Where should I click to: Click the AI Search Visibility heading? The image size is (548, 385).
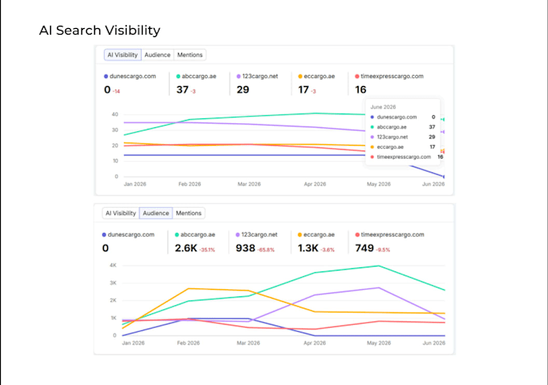pyautogui.click(x=100, y=31)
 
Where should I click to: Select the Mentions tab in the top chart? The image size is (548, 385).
pyautogui.click(x=189, y=55)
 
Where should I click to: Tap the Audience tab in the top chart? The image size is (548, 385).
pyautogui.click(x=157, y=55)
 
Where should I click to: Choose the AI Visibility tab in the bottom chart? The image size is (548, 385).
pyautogui.click(x=121, y=213)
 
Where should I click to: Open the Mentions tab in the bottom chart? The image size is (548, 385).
pyautogui.click(x=189, y=213)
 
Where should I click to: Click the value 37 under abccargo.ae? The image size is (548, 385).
pyautogui.click(x=182, y=89)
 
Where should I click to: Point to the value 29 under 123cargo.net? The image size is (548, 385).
pyautogui.click(x=243, y=89)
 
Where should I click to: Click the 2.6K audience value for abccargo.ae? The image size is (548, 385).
pyautogui.click(x=186, y=248)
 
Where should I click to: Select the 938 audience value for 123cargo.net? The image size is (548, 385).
pyautogui.click(x=245, y=248)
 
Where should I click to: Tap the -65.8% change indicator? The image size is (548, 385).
pyautogui.click(x=266, y=250)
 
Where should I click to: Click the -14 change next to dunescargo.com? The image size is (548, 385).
pyautogui.click(x=116, y=92)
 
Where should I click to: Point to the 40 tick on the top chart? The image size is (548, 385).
pyautogui.click(x=115, y=114)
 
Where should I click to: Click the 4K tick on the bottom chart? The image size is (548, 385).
pyautogui.click(x=113, y=265)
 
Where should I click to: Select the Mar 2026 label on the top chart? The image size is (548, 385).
pyautogui.click(x=249, y=184)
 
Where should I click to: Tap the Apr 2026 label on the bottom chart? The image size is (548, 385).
pyautogui.click(x=314, y=343)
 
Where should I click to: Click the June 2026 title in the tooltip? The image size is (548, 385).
pyautogui.click(x=383, y=107)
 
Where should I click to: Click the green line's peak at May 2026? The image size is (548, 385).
pyautogui.click(x=379, y=266)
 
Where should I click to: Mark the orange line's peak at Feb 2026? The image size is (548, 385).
pyautogui.click(x=189, y=288)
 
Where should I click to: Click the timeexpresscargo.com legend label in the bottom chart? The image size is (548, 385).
pyautogui.click(x=392, y=234)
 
